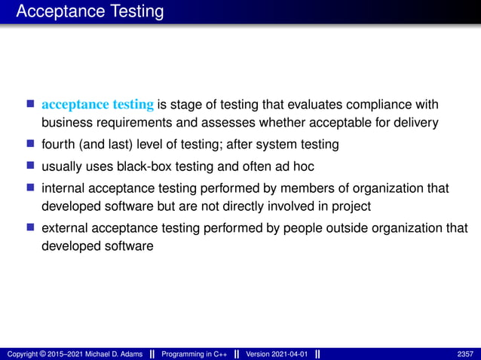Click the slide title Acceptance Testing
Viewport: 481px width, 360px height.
[x=89, y=12]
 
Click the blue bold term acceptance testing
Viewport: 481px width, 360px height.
[x=98, y=103]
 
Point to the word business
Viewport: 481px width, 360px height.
[x=64, y=123]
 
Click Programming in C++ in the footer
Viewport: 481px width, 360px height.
[x=195, y=354]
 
